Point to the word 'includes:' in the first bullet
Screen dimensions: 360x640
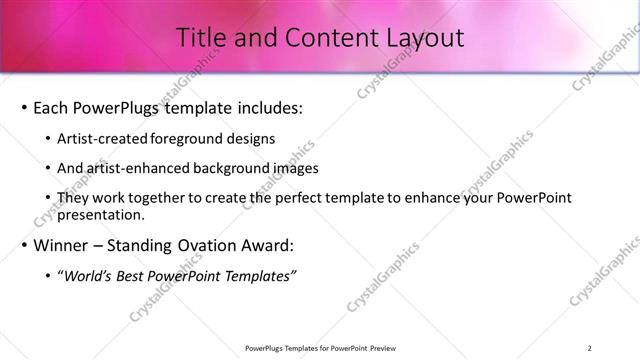coord(267,107)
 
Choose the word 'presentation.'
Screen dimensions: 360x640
coord(103,215)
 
